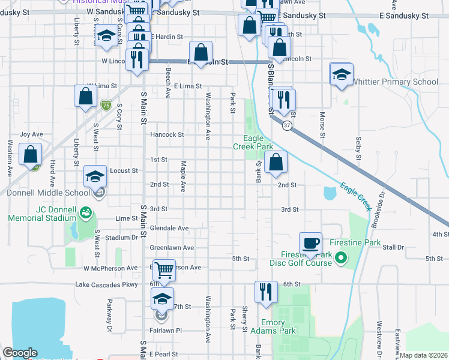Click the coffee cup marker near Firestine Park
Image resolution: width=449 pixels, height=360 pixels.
pyautogui.click(x=310, y=243)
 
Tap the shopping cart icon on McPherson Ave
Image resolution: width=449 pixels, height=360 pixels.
pyautogui.click(x=164, y=271)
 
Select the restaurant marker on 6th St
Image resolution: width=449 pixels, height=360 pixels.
pyautogui.click(x=265, y=292)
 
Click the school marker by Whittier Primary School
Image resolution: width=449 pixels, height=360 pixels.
pyautogui.click(x=342, y=74)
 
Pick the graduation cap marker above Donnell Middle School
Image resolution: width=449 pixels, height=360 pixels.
pyautogui.click(x=95, y=176)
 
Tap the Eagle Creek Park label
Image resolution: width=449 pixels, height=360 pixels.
pyautogui.click(x=253, y=142)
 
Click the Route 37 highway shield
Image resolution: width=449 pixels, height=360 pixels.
pyautogui.click(x=288, y=125)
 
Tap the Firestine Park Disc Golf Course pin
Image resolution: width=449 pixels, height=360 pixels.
pyautogui.click(x=341, y=259)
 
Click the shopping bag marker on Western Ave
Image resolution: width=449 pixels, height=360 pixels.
pyautogui.click(x=30, y=154)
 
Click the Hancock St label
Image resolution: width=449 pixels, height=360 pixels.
pyautogui.click(x=167, y=134)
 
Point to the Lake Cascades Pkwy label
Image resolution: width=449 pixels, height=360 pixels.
pyautogui.click(x=106, y=284)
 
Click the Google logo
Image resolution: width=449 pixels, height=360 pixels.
pyautogui.click(x=20, y=353)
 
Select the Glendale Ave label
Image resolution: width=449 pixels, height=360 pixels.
pyautogui.click(x=169, y=228)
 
